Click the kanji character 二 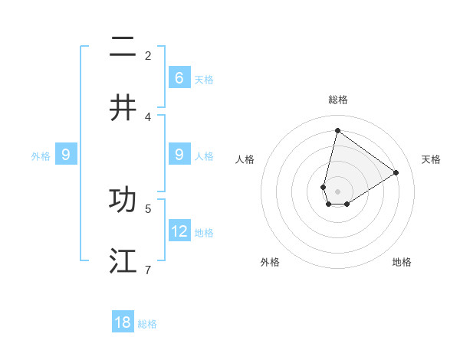coord(123,47)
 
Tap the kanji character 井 coord(123,107)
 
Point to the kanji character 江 coord(123,260)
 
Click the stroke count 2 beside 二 coord(148,55)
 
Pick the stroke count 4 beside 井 coord(148,116)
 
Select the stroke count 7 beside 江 coord(148,270)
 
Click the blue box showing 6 coord(179,77)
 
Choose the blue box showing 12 coord(179,231)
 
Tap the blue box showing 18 coord(123,322)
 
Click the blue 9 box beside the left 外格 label coord(66,155)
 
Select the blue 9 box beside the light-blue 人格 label coord(179,155)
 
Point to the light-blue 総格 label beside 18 coord(147,324)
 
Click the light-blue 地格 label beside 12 coord(204,232)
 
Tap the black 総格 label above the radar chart coord(337,100)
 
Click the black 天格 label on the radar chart coord(431,159)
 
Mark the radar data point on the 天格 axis coord(396,172)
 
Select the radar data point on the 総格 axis coord(337,130)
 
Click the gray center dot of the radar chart coord(337,191)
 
